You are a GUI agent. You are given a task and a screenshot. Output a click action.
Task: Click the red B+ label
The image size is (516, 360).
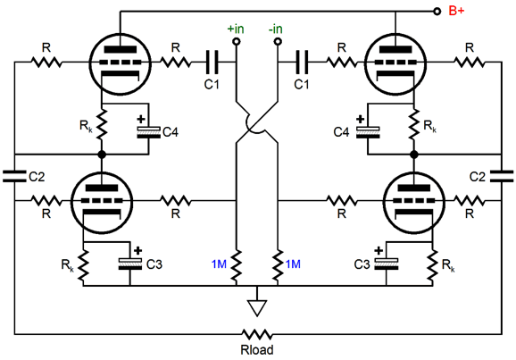point(456,11)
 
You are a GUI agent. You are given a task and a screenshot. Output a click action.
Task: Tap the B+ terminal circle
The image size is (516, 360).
point(437,12)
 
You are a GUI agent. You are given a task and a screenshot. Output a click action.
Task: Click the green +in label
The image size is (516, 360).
point(236,29)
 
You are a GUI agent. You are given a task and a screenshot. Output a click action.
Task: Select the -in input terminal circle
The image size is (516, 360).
point(278,41)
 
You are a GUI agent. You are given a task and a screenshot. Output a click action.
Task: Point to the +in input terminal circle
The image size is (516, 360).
point(237,41)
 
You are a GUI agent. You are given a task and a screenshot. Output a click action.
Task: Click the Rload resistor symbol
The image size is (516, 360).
point(257,334)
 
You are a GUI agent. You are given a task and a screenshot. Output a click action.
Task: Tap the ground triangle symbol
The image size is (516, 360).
point(257,308)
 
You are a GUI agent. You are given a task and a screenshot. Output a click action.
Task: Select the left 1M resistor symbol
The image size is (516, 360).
point(237,266)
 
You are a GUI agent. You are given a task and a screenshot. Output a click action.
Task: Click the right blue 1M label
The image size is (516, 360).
point(293,264)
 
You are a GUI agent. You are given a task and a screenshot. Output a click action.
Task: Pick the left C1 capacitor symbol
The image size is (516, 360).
point(212,62)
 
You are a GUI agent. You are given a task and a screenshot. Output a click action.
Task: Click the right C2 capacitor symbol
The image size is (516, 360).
point(502,176)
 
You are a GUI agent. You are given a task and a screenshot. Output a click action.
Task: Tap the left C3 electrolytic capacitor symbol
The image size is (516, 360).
point(130,264)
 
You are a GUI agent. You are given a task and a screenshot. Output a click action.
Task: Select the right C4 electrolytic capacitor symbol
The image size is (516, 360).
point(368,132)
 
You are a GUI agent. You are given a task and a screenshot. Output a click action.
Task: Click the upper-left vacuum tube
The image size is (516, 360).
point(121,64)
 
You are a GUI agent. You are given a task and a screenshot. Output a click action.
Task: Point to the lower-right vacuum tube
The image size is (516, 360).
point(414,202)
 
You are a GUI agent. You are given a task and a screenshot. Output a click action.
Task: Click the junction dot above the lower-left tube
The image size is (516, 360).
point(102,155)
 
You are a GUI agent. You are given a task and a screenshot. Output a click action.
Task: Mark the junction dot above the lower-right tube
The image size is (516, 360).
point(414,155)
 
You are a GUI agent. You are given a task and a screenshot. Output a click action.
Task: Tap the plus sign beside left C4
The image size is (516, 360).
point(141,119)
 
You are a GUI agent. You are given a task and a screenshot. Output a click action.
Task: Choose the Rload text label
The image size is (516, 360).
point(257,350)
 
